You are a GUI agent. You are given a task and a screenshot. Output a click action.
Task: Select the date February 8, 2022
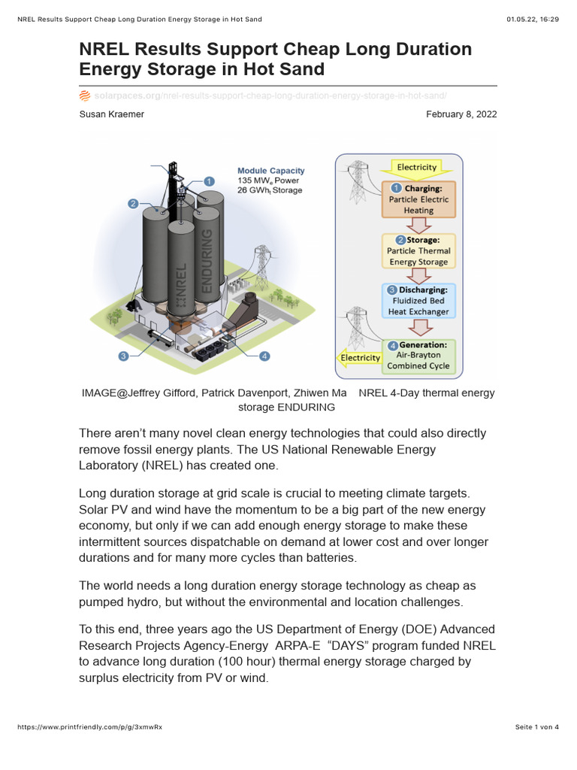461,114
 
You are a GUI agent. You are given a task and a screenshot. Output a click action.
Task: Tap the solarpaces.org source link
127,96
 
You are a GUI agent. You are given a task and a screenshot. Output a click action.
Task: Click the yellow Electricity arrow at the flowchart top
416,167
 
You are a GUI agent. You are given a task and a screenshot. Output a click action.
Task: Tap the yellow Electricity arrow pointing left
360,358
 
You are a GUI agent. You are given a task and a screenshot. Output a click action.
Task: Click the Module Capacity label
270,171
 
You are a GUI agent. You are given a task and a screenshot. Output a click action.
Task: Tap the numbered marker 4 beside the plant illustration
264,356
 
